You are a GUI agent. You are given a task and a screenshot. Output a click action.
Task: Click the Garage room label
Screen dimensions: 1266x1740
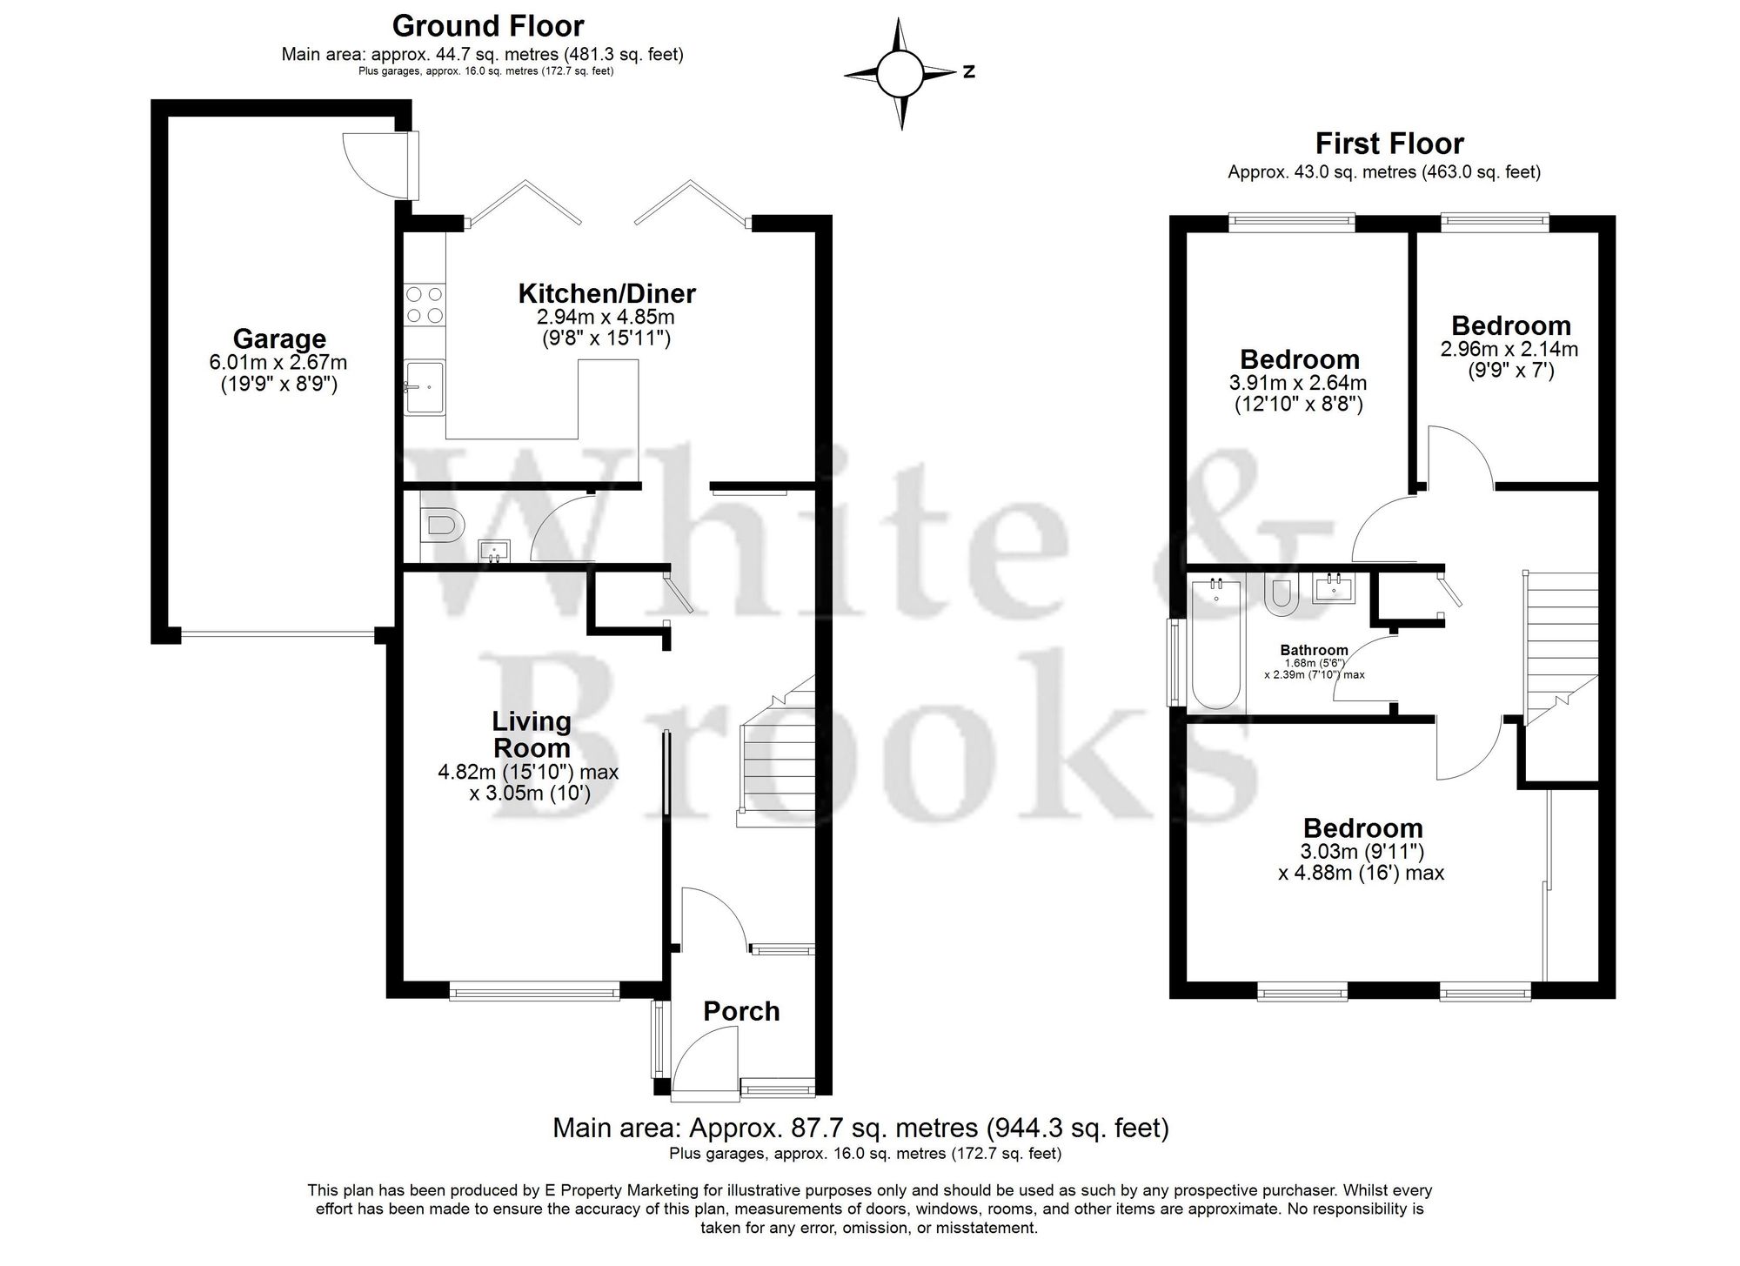(x=279, y=338)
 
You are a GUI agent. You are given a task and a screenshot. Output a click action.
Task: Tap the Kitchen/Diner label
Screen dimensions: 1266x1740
(x=606, y=293)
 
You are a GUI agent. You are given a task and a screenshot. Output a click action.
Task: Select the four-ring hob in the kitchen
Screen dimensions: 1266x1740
(x=424, y=305)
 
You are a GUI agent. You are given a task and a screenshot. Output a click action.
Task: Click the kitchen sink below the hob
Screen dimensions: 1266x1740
(x=425, y=387)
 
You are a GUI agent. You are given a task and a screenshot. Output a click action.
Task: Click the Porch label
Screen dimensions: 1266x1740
(x=741, y=1011)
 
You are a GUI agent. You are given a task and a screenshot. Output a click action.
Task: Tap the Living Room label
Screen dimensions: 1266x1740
(x=532, y=734)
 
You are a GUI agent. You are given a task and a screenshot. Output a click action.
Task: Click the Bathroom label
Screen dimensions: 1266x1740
(x=1314, y=650)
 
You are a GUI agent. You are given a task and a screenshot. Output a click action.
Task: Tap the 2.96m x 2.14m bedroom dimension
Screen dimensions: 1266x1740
(x=1509, y=350)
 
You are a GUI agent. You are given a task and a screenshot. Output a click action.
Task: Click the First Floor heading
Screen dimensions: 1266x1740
(x=1389, y=144)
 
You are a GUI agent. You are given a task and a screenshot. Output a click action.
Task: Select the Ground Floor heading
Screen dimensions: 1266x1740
(x=487, y=26)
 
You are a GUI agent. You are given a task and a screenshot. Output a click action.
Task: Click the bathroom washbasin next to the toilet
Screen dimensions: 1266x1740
(x=1334, y=588)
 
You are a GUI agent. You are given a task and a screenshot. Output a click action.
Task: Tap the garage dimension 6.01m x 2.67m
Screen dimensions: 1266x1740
(x=278, y=362)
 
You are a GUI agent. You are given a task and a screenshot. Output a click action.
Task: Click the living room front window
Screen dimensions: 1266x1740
(x=534, y=990)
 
